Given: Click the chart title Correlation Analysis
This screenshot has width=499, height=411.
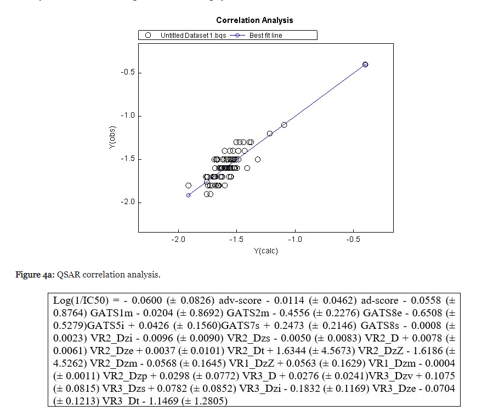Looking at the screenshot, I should pyautogui.click(x=262, y=20).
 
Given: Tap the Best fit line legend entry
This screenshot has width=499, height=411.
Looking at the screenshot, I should pyautogui.click(x=266, y=36).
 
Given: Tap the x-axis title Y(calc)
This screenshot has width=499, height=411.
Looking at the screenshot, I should pyautogui.click(x=265, y=251).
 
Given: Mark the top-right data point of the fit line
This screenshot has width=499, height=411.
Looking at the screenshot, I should pyautogui.click(x=365, y=65).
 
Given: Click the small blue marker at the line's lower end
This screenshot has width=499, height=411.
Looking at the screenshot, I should pyautogui.click(x=188, y=195).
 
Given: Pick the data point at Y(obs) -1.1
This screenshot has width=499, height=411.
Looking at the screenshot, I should pyautogui.click(x=284, y=125).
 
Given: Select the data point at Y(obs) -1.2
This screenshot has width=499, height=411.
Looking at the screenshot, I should pyautogui.click(x=270, y=134).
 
